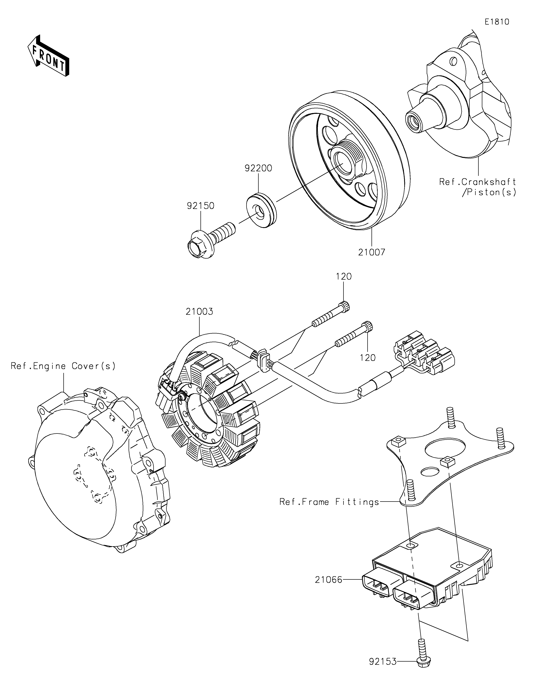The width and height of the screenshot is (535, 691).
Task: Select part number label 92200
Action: tap(258, 168)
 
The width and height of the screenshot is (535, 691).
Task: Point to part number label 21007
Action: tap(372, 252)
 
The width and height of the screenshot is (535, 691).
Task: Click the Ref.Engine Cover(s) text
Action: tap(63, 366)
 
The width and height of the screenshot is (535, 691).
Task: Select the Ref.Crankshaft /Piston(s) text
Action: tap(478, 187)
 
